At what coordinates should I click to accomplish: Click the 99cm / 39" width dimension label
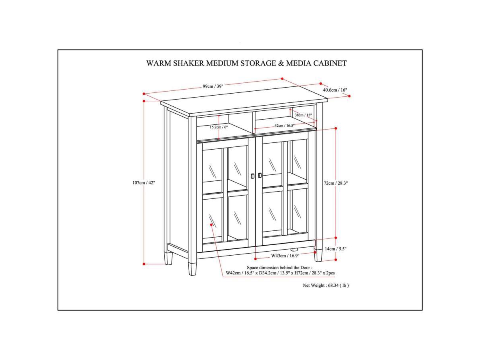click(x=212, y=86)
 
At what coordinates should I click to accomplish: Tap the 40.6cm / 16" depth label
click(x=335, y=90)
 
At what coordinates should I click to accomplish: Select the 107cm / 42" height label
click(x=143, y=182)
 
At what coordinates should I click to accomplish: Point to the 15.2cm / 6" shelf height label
click(x=218, y=127)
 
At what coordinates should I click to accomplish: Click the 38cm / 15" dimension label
click(x=303, y=115)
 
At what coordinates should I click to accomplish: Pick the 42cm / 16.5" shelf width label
click(x=284, y=126)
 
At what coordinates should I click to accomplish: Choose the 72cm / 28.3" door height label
click(x=336, y=183)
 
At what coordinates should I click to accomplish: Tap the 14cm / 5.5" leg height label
click(x=335, y=249)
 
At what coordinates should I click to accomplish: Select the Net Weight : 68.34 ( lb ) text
click(x=326, y=286)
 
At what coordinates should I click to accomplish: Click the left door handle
click(x=252, y=176)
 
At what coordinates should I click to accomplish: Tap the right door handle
click(x=260, y=175)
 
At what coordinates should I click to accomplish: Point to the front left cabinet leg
click(x=193, y=268)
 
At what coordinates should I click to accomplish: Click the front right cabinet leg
click(x=318, y=256)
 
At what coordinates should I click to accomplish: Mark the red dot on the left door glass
click(x=211, y=225)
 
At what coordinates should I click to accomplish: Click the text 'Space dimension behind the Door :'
click(x=279, y=267)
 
